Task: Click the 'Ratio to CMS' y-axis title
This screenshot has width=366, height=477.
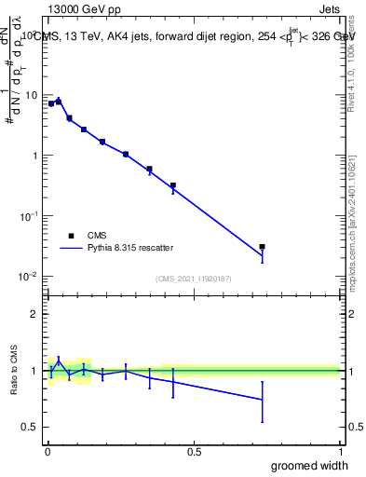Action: coord(13,371)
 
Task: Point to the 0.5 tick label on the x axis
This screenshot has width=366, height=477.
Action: coord(194,451)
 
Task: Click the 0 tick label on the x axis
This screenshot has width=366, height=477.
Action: coord(47,451)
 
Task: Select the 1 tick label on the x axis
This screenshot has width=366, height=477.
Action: coord(340,451)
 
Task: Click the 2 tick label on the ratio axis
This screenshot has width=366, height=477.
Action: coord(34,314)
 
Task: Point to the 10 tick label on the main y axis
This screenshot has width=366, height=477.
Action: coord(32,96)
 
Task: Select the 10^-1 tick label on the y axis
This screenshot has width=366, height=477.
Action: coord(29,216)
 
